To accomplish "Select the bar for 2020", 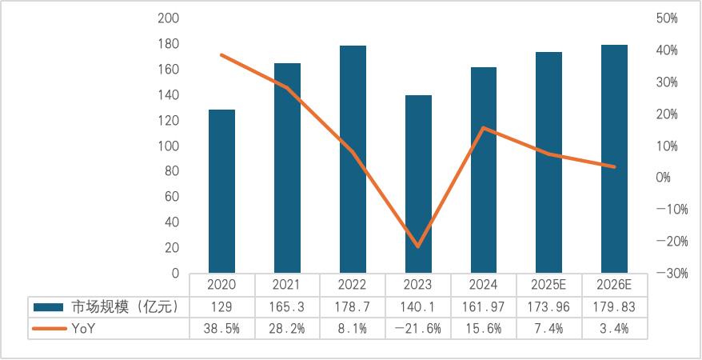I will tap(221, 191).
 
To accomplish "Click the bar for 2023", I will tap(418, 184).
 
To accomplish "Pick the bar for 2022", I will tap(353, 159).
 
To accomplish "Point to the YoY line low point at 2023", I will tap(418, 246).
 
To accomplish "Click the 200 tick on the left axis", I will tap(168, 18).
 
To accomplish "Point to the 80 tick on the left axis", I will tap(171, 171).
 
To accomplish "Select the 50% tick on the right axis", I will tap(666, 18).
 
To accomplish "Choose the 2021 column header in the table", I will tap(287, 286).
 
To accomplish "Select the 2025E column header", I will tap(548, 286).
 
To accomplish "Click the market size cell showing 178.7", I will tap(353, 306).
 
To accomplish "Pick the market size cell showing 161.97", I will tap(484, 306).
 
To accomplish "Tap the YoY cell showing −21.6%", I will tap(418, 327).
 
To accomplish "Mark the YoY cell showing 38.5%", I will tap(221, 327).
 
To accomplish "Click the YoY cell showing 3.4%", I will tap(614, 327).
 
